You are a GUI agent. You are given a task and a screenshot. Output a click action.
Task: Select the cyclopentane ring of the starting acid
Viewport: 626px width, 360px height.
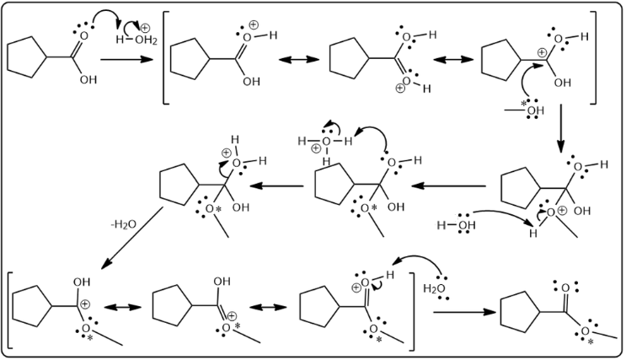(24, 58)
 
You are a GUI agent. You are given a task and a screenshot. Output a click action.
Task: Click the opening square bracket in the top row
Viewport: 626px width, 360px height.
(167, 58)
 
